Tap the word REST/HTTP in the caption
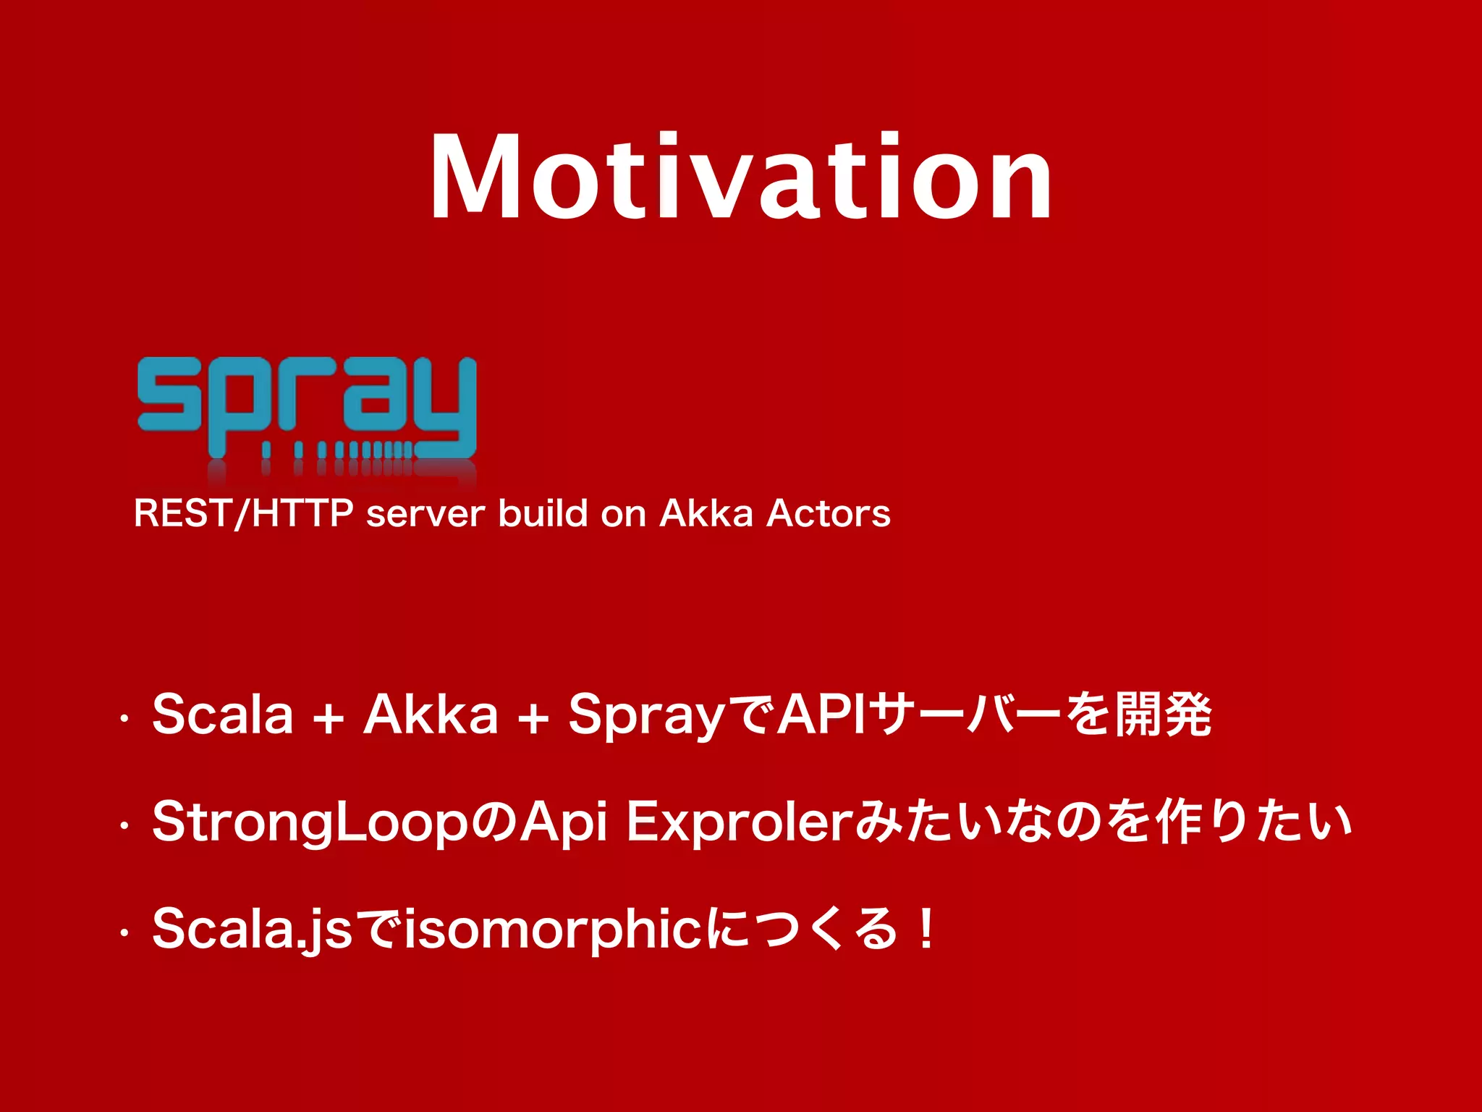(x=243, y=513)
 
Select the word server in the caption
(x=425, y=515)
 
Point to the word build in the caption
(x=543, y=513)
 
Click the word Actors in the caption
(x=828, y=513)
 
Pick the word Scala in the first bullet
(x=223, y=715)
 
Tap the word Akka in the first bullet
(x=431, y=715)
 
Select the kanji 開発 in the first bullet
(x=1163, y=715)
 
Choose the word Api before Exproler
(x=564, y=823)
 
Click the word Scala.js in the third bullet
(x=252, y=930)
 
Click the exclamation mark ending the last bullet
(x=926, y=930)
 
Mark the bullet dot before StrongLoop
(x=124, y=826)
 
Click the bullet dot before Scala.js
(x=124, y=933)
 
